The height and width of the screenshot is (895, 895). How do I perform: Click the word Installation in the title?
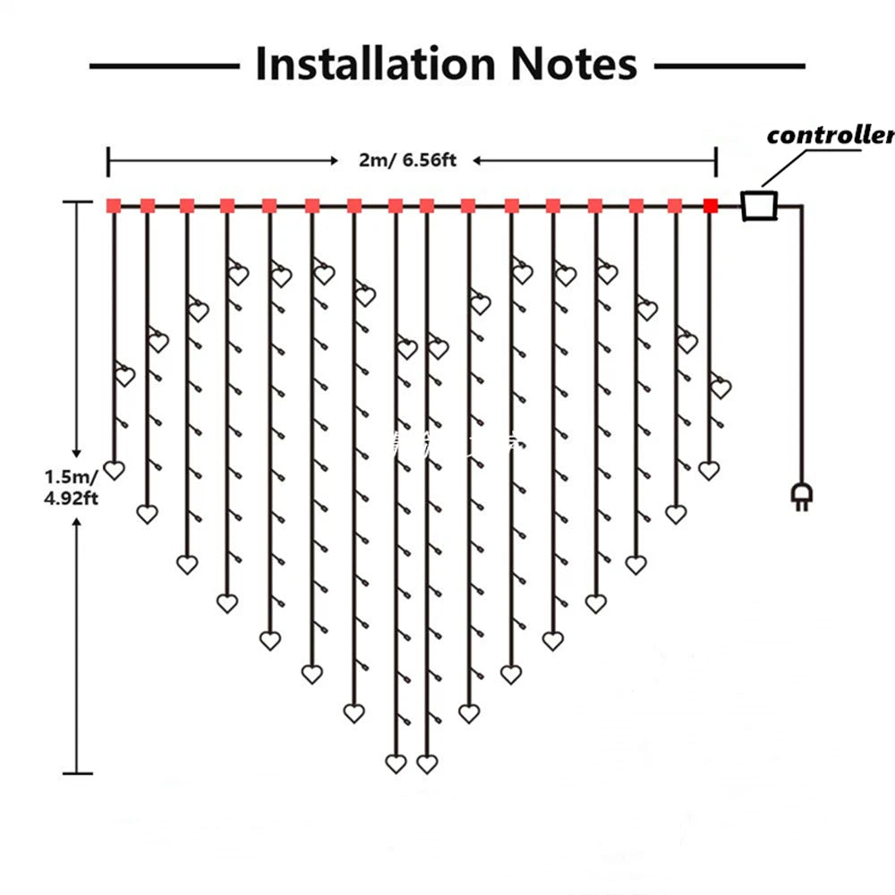pos(375,64)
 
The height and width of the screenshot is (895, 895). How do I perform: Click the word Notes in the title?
pos(574,64)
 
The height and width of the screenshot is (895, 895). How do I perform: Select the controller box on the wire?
pos(760,205)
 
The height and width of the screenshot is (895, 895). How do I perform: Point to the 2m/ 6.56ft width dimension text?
pos(407,160)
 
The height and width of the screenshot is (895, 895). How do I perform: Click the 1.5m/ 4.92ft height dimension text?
pos(72,486)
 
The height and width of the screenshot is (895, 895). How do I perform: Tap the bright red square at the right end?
pos(711,207)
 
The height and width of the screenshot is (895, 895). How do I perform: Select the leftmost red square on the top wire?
pos(114,206)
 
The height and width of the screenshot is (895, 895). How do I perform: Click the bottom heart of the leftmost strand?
pos(114,469)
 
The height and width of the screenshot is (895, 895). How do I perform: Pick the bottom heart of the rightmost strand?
pos(709,470)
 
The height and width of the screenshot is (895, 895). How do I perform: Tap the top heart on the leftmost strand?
pos(125,376)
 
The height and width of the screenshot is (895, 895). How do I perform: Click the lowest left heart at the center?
pos(396,763)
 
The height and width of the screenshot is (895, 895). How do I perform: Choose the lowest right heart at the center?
pos(427,763)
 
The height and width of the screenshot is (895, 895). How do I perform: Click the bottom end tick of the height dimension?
pos(77,772)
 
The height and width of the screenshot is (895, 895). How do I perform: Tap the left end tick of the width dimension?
pos(108,162)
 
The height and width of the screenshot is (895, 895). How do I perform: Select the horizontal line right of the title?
pos(729,65)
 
